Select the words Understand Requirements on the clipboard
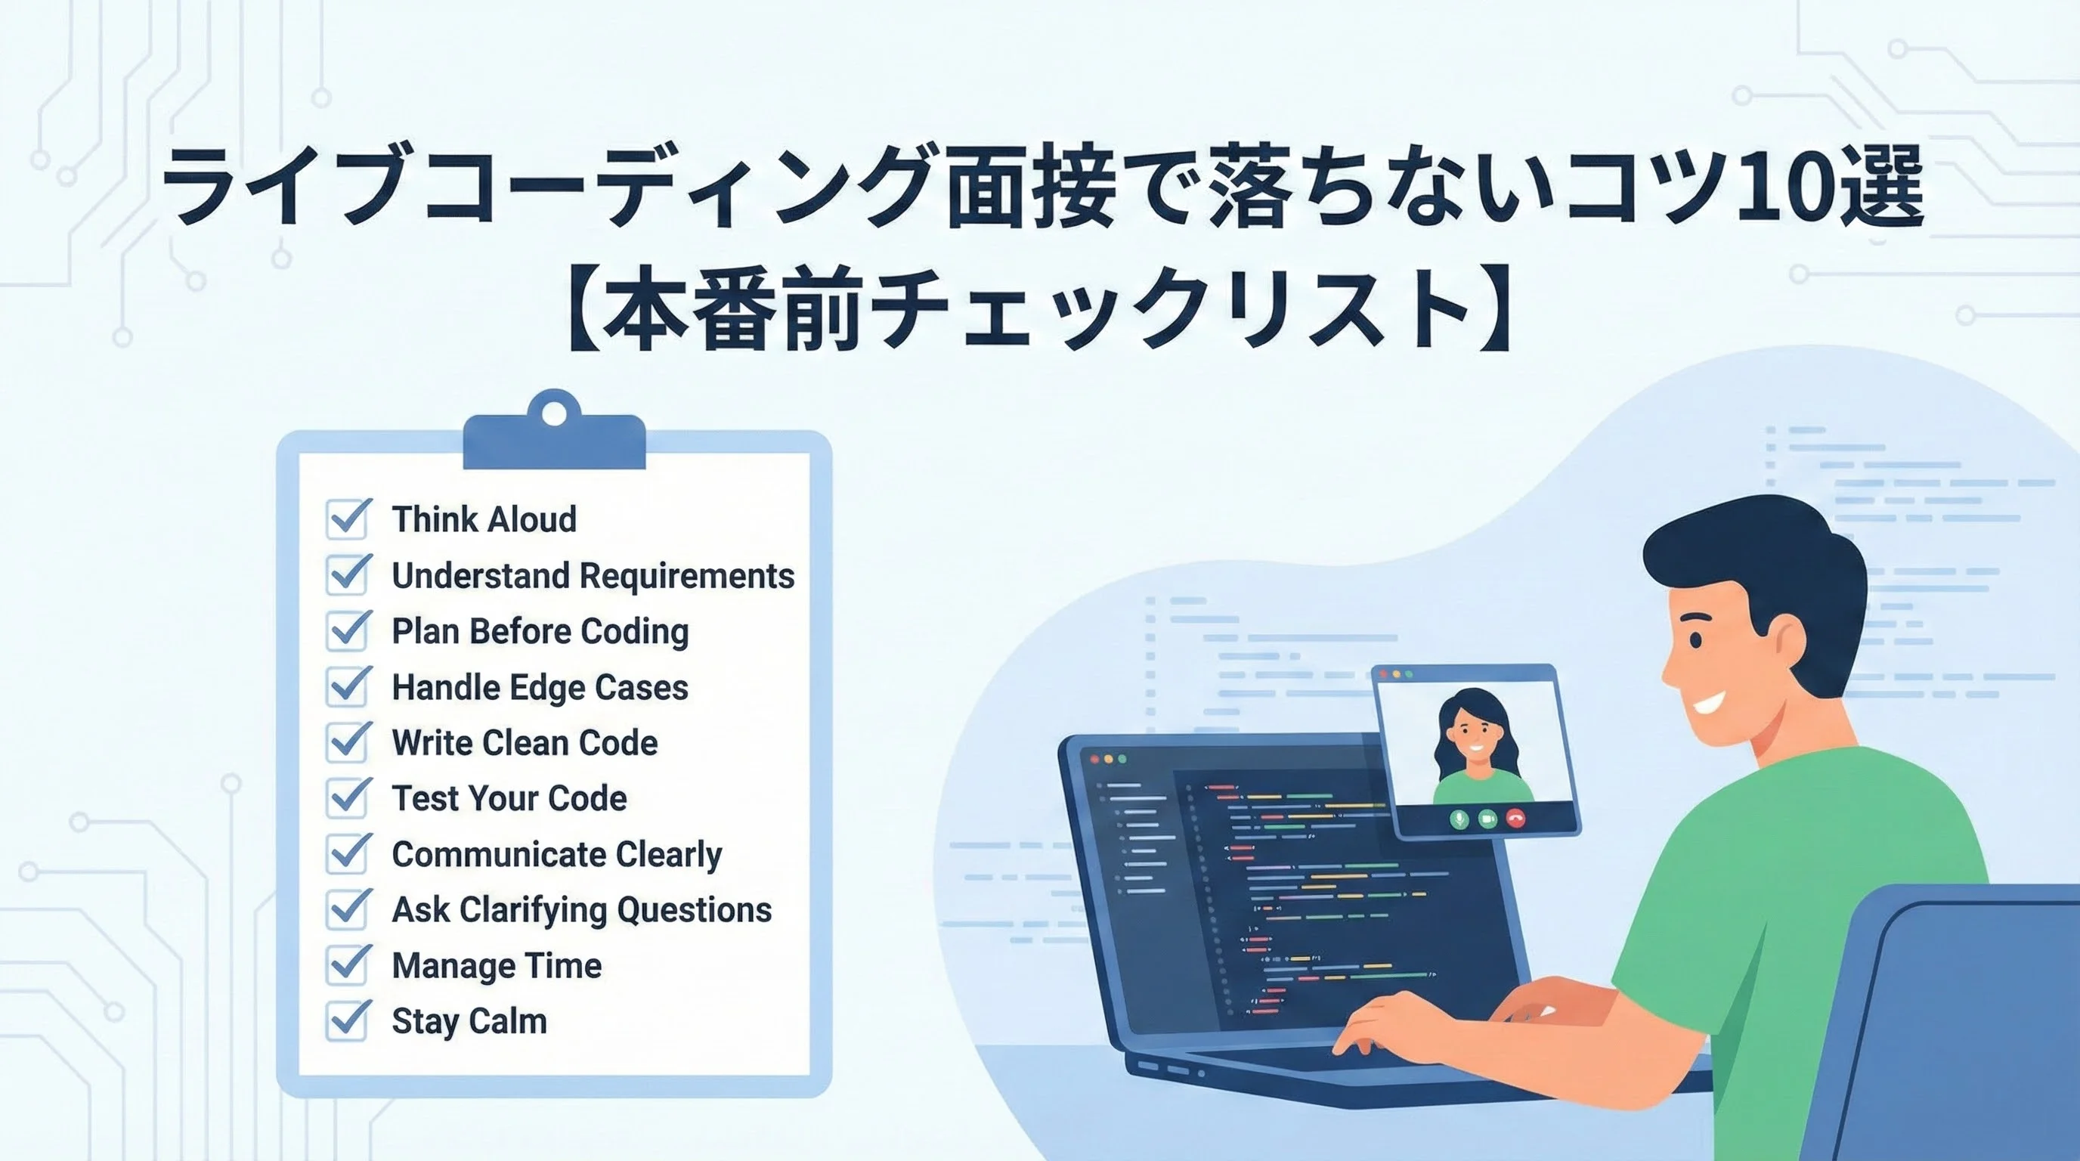click(x=593, y=576)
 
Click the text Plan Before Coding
click(x=540, y=631)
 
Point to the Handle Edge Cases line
click(x=540, y=687)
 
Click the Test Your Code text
click(x=509, y=797)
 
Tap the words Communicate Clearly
click(x=557, y=854)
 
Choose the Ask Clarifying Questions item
click(x=582, y=910)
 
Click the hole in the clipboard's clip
click(x=554, y=413)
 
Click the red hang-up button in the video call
click(x=1515, y=819)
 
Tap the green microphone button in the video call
click(x=1459, y=819)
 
